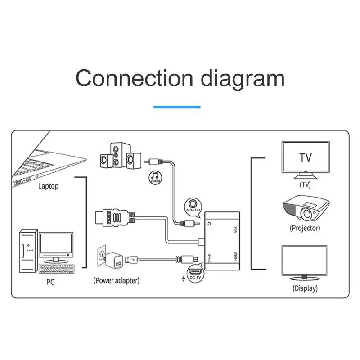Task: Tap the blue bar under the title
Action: coord(177,107)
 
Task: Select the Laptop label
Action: coord(48,186)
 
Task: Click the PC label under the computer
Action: coord(50,283)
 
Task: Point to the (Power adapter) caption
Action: coord(116,280)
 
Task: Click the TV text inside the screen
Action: coord(306,157)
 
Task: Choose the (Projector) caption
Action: coord(305,228)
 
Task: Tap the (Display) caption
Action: coord(305,288)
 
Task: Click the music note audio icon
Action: coord(155,177)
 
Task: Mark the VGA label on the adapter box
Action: coord(235,229)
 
